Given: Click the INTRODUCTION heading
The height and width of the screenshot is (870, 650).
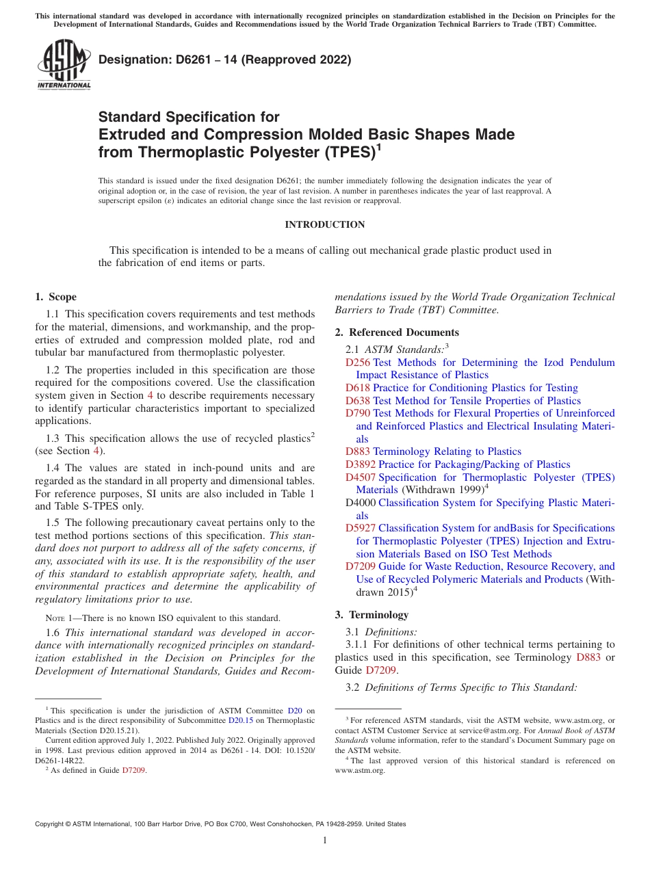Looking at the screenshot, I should (324, 224).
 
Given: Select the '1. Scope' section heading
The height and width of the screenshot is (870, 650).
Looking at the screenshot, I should (55, 297).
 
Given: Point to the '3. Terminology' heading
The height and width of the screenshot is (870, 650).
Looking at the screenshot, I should (372, 614).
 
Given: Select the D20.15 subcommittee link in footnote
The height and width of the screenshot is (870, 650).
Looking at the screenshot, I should (239, 720).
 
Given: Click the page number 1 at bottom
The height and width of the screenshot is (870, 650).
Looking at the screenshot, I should (325, 840).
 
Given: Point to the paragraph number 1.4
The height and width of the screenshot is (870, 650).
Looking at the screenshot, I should (53, 468).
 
